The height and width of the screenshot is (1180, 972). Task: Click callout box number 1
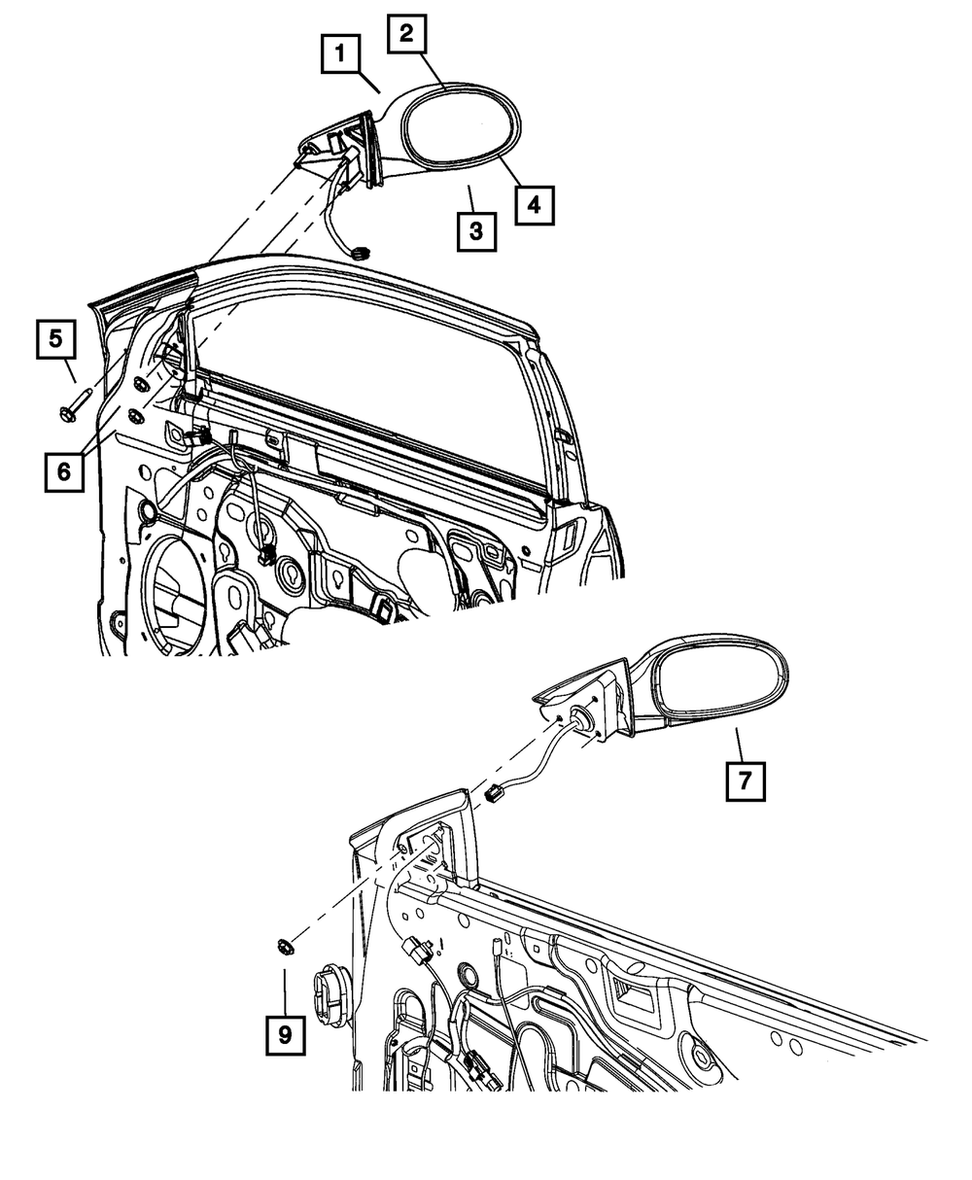pyautogui.click(x=340, y=55)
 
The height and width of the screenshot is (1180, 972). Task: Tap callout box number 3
pyautogui.click(x=475, y=230)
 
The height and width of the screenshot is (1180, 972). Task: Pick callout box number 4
pyautogui.click(x=535, y=204)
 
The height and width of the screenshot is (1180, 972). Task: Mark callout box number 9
pyautogui.click(x=285, y=1036)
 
